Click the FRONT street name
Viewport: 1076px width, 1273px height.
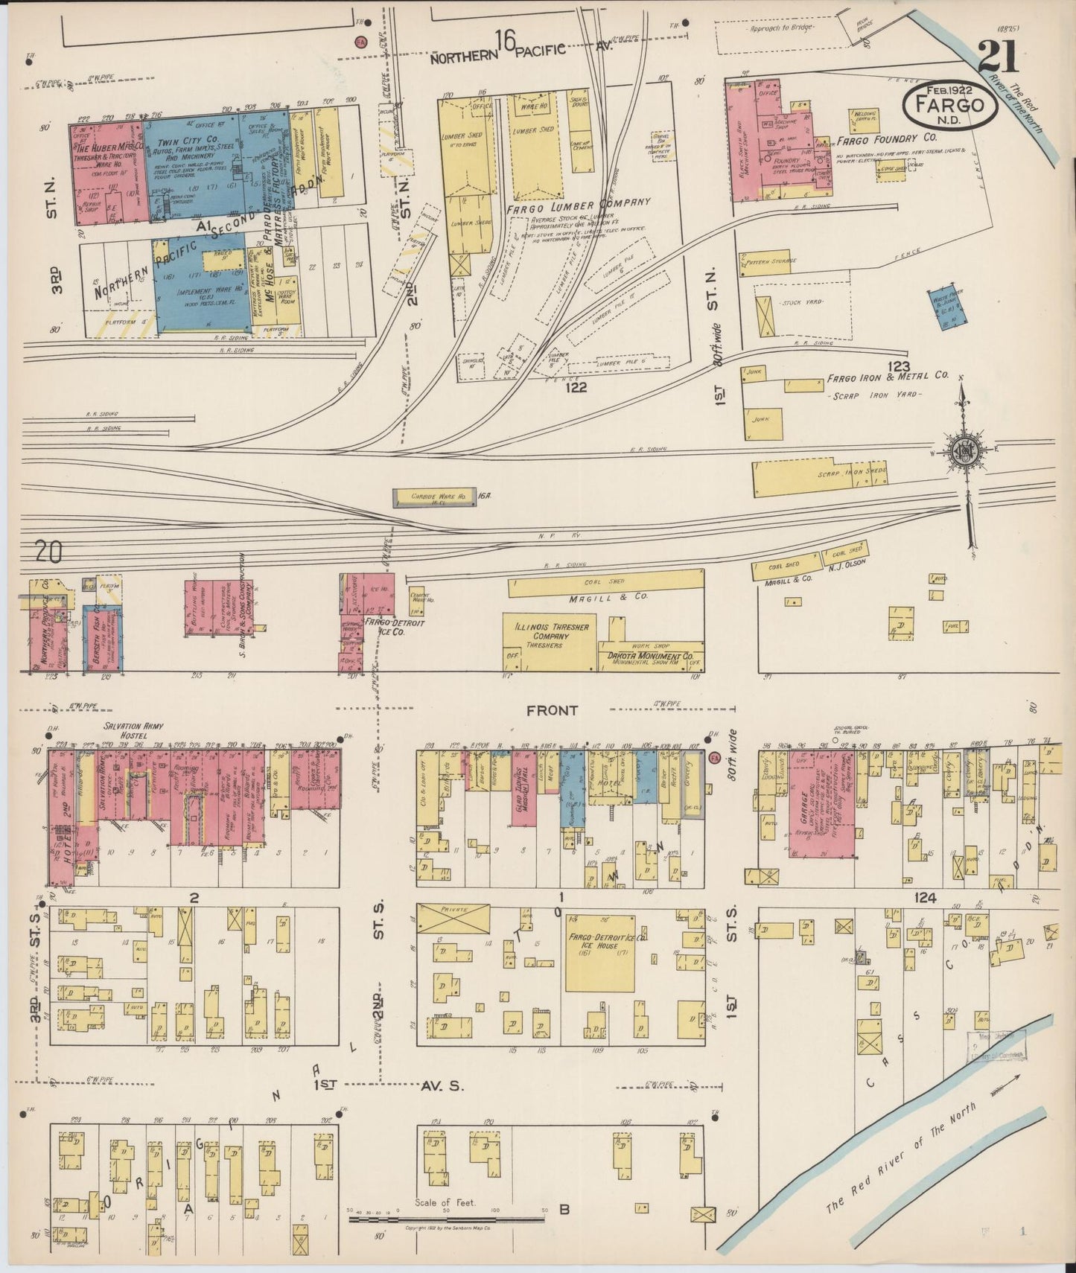(x=552, y=710)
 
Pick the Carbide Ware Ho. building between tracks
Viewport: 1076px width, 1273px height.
(x=433, y=498)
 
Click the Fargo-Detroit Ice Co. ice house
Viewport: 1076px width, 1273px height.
(x=599, y=953)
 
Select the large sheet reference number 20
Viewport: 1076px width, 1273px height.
(x=48, y=552)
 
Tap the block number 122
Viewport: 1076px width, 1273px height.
(x=576, y=387)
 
